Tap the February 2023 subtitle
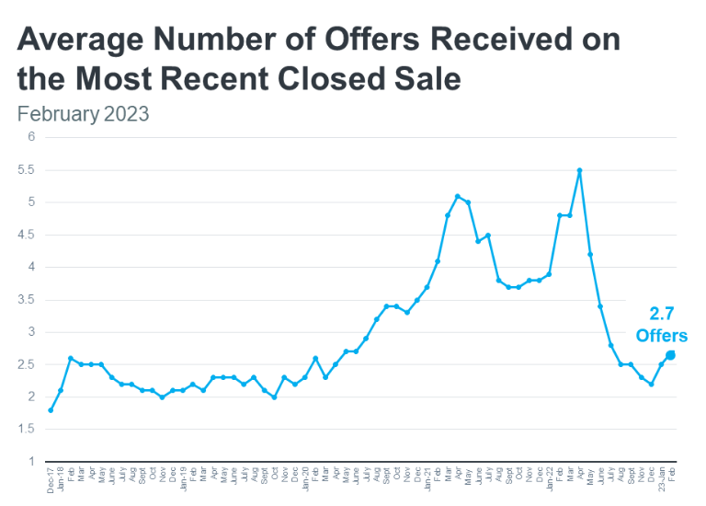tap(83, 115)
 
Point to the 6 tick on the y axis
tap(31, 137)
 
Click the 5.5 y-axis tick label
tap(28, 170)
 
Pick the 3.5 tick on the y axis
tap(28, 300)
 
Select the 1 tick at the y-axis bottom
tap(31, 462)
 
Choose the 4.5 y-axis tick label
tap(28, 235)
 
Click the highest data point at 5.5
tap(579, 170)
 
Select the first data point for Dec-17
tap(51, 409)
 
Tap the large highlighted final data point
tap(671, 354)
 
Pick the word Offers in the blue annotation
tap(662, 336)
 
